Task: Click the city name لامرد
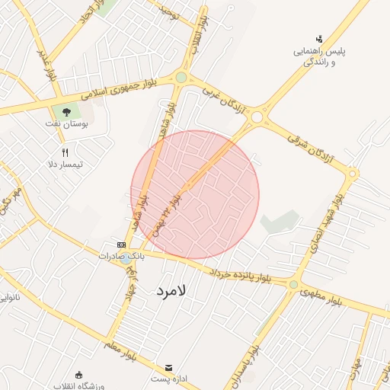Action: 171,291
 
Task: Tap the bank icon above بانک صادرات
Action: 120,245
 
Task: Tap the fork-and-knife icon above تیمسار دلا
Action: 75,152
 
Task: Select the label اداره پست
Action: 167,378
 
